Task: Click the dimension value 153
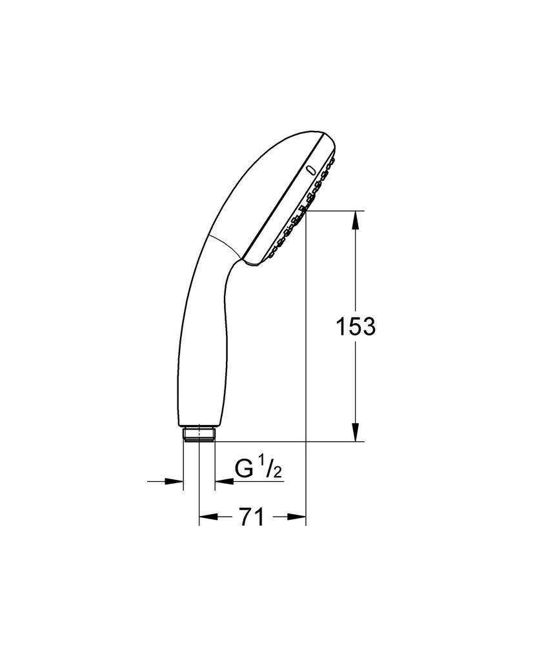[x=356, y=327]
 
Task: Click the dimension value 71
[x=252, y=517]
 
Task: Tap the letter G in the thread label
[x=243, y=468]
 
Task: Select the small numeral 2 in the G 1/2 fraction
[x=278, y=473]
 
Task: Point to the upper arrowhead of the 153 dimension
[x=356, y=220]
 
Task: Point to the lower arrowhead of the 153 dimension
[x=356, y=432]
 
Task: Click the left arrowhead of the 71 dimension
[x=208, y=517]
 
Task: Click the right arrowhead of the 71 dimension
[x=297, y=517]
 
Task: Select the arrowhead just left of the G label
[x=224, y=481]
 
